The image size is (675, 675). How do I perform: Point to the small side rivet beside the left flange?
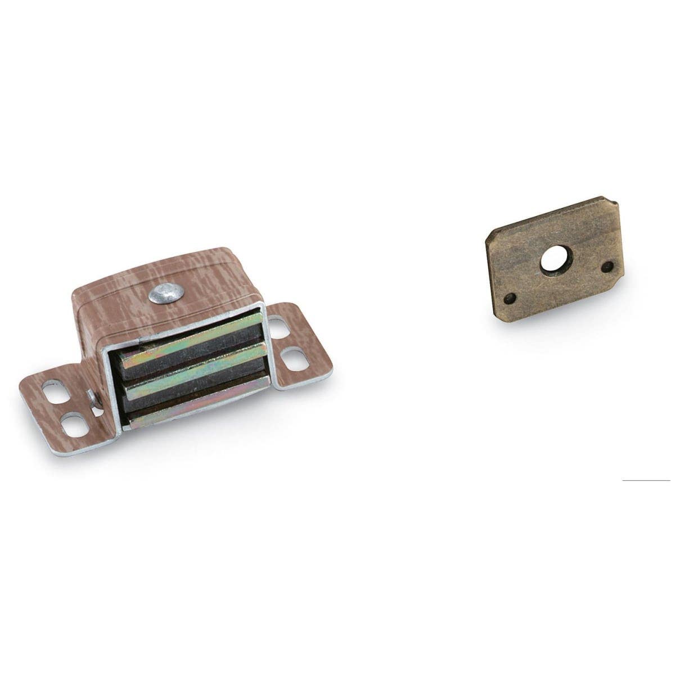pos(93,400)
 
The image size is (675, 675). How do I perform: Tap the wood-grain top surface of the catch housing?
pos(169,270)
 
